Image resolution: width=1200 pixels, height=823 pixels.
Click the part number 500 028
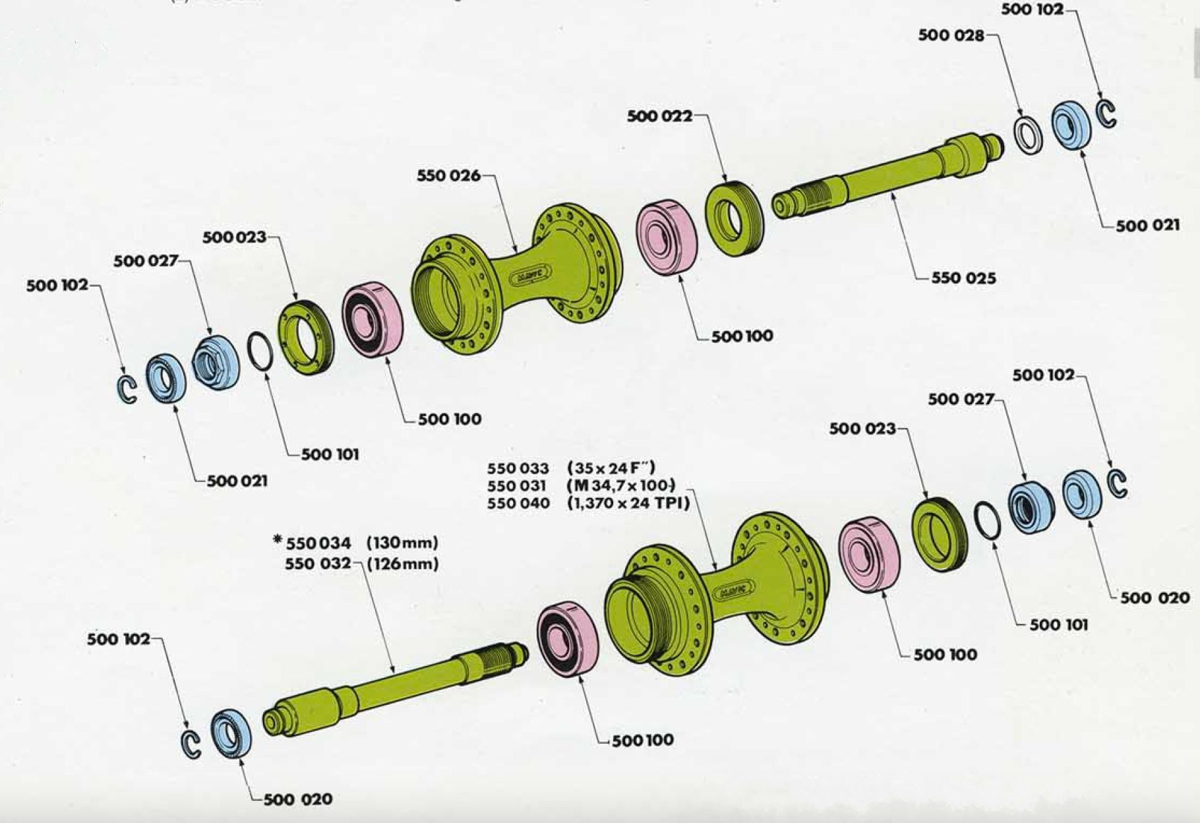[x=951, y=36]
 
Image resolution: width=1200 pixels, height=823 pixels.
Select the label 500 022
[x=659, y=117]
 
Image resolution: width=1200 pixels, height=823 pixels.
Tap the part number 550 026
[x=448, y=176]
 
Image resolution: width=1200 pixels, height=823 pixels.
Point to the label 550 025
[x=963, y=278]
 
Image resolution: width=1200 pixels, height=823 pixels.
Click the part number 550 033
[x=518, y=469]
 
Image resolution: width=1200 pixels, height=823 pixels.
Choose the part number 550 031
[x=518, y=486]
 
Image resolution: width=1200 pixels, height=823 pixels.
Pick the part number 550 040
[x=518, y=504]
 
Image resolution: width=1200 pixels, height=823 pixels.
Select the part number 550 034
[x=318, y=543]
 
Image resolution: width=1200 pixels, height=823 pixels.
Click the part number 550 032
[x=318, y=564]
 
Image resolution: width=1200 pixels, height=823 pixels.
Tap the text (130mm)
[x=402, y=543]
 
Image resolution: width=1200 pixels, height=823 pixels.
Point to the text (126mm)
[x=402, y=564]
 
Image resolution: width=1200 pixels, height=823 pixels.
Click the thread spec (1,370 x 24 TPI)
[x=628, y=504]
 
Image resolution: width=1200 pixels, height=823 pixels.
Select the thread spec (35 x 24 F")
[x=611, y=469]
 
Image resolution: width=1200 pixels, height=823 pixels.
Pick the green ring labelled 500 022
[x=733, y=218]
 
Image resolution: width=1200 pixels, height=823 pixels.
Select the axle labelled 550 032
[x=396, y=686]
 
